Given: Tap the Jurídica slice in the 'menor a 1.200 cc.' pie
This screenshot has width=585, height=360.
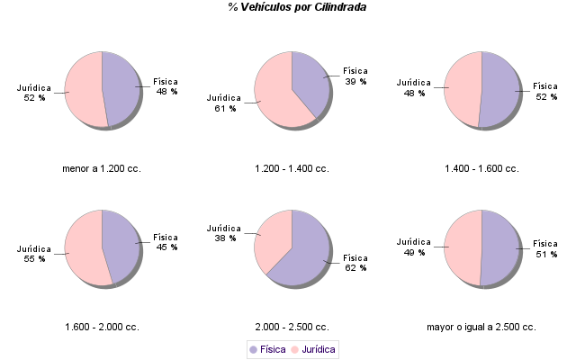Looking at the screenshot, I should pyautogui.click(x=83, y=90).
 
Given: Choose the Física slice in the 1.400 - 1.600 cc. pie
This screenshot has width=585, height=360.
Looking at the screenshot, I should pyautogui.click(x=500, y=90).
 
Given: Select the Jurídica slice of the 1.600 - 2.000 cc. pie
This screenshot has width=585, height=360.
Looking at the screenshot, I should pyautogui.click(x=83, y=247).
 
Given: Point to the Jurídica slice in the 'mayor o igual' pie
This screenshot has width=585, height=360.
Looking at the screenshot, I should pyautogui.click(x=463, y=247).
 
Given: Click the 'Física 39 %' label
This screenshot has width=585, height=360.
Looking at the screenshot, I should pyautogui.click(x=355, y=76).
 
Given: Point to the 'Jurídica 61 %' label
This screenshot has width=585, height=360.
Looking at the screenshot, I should pyautogui.click(x=224, y=103).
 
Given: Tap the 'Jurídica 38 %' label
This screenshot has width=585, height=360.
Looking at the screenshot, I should pyautogui.click(x=224, y=233).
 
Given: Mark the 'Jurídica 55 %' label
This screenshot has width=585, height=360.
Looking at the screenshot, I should pyautogui.click(x=34, y=254).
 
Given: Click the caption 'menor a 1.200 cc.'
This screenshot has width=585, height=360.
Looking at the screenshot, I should pyautogui.click(x=102, y=168).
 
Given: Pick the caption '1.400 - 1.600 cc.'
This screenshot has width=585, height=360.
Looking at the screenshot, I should pyautogui.click(x=481, y=168).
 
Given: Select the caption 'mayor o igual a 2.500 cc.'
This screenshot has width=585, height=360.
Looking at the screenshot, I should pyautogui.click(x=481, y=327).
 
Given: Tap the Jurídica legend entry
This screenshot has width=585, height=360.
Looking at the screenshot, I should pyautogui.click(x=313, y=349).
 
